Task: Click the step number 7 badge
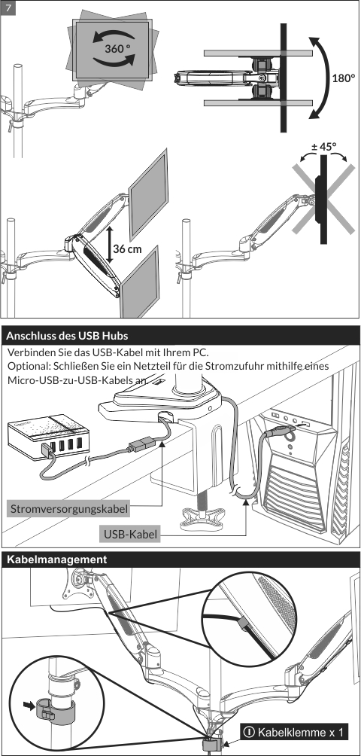point(8,8)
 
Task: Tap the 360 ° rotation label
point(117,48)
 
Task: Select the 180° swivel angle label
point(343,78)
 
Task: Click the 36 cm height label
point(128,248)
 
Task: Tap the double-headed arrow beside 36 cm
point(109,245)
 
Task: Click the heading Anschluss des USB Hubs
point(67,336)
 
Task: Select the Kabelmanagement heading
point(56,559)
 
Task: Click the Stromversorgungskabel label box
point(70,509)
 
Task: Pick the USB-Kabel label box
point(130,534)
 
